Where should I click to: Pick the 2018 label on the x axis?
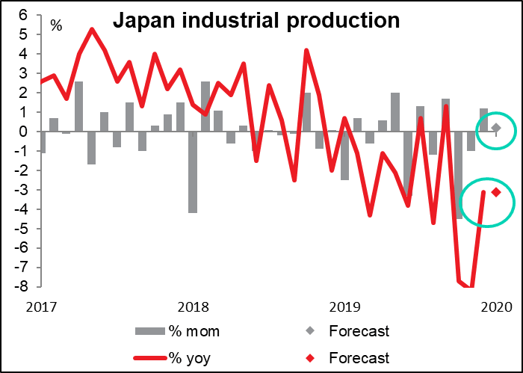pyautogui.click(x=193, y=306)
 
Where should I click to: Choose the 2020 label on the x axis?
pyautogui.click(x=495, y=306)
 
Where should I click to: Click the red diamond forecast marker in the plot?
pyautogui.click(x=495, y=193)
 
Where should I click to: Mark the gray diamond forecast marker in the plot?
pyautogui.click(x=495, y=128)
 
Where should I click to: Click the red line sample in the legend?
pyautogui.click(x=152, y=358)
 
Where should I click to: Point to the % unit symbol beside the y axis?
pyautogui.click(x=56, y=27)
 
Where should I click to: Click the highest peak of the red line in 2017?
pyautogui.click(x=92, y=29)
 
